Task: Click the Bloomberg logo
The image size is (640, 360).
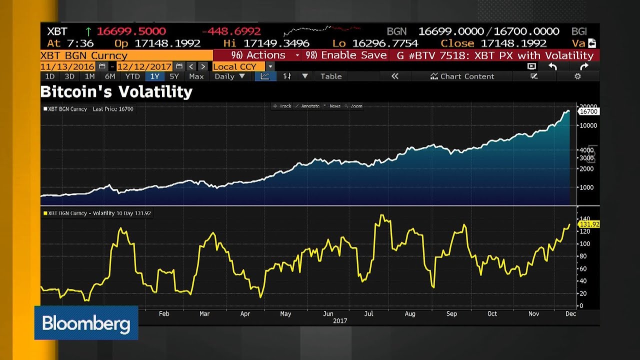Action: click(86, 323)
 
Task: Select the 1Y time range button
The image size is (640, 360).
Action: click(154, 76)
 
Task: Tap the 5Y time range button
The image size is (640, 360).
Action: click(174, 76)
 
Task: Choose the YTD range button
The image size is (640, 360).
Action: click(132, 76)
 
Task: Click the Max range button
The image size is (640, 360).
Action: click(196, 76)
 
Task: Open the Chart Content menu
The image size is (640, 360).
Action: click(462, 76)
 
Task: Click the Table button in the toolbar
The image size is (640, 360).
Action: click(331, 76)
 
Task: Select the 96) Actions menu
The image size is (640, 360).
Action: click(258, 55)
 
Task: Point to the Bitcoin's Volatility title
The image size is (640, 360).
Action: click(116, 92)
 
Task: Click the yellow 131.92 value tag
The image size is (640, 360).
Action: click(588, 224)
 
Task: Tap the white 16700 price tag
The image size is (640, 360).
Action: click(588, 112)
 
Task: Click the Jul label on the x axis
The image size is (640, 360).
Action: click(368, 314)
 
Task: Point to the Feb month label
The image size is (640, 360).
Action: click(164, 314)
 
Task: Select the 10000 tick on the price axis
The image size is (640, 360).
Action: click(588, 125)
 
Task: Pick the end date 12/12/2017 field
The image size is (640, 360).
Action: click(144, 66)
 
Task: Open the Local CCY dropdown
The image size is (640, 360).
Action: click(243, 66)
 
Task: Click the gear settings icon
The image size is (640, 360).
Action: click(577, 76)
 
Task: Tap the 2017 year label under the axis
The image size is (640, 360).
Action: click(340, 320)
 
